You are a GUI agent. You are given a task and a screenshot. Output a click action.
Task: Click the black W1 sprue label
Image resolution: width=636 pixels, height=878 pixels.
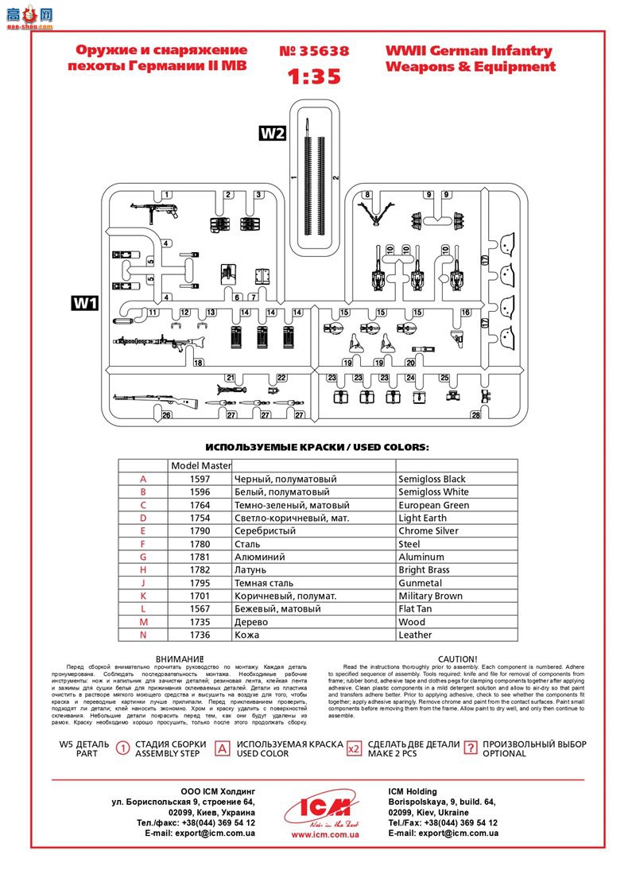pos(84,303)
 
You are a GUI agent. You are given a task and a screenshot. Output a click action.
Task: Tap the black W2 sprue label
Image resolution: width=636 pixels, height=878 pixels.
pos(273,134)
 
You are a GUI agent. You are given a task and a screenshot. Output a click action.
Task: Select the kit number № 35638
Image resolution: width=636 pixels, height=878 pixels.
pos(314,52)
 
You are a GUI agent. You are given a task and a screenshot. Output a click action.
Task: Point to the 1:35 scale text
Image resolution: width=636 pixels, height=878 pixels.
pos(314,76)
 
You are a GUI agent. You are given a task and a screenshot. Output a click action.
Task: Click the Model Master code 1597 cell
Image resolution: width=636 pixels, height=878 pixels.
pos(200,480)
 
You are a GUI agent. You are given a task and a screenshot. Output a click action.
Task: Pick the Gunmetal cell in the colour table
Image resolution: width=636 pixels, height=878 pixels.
pos(422,583)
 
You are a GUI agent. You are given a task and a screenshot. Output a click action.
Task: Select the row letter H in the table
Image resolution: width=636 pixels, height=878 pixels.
pos(143,570)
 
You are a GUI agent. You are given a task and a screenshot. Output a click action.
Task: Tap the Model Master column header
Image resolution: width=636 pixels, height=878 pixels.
pos(200,466)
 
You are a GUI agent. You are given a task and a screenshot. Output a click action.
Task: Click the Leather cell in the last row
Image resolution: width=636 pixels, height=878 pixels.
pos(415,635)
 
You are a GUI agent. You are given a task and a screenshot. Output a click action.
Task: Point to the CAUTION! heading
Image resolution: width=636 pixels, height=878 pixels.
pos(458,658)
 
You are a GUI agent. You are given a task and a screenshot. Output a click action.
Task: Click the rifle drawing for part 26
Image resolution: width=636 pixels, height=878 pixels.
pos(143,399)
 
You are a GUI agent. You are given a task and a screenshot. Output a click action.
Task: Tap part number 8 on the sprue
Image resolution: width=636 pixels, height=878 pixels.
pos(367,195)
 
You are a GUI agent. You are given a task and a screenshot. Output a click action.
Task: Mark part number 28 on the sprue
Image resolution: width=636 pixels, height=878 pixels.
pos(475,414)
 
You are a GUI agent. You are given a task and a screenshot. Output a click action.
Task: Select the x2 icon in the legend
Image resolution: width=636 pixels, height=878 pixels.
pos(355,748)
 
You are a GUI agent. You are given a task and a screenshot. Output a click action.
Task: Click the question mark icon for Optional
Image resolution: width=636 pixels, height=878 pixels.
pos(471,748)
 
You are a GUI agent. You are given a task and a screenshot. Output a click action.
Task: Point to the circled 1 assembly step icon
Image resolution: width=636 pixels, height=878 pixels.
pos(123,748)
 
